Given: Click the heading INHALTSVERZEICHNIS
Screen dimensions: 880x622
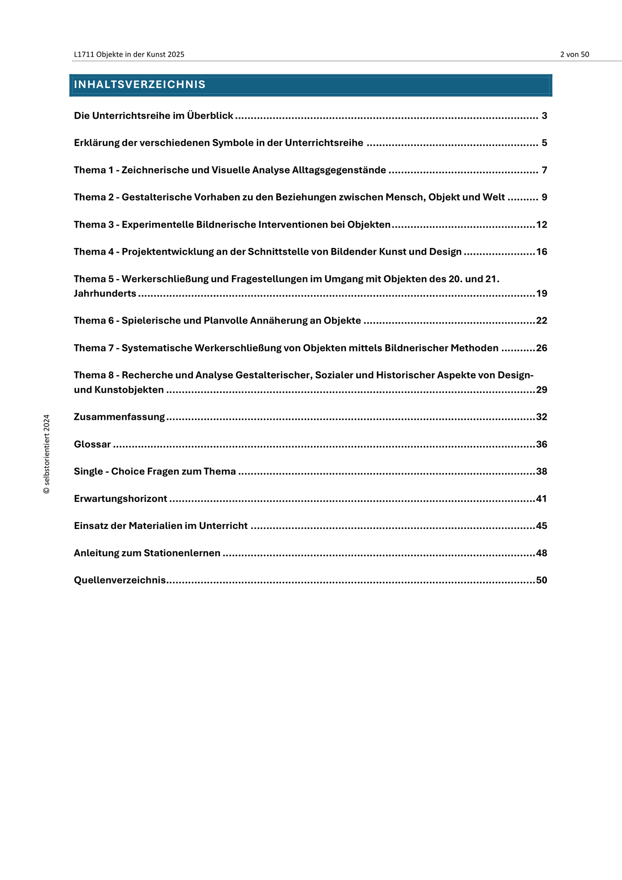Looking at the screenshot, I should pos(140,85).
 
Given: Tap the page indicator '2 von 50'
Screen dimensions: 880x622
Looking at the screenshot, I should pos(574,55).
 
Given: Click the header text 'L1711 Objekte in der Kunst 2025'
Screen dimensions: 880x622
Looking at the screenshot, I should pos(129,55).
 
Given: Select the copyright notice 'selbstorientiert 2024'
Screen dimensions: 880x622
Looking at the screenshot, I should pos(47,454).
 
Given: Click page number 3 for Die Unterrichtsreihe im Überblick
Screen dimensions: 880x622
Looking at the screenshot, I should pos(544,116).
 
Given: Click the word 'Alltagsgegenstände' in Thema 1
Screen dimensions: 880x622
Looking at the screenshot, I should pos(339,170).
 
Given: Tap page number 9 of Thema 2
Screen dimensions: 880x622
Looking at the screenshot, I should pos(544,198).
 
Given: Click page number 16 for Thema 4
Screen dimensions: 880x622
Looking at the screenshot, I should pos(542,252).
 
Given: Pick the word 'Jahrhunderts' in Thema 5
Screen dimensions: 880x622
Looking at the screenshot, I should pos(105,294).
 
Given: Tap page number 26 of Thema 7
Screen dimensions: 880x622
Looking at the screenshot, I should pos(542,348).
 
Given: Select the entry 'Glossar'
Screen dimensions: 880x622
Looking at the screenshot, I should pos(92,444).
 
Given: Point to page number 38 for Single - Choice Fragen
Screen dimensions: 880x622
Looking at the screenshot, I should pos(542,472).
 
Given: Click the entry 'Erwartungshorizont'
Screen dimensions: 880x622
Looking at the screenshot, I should pos(120,499).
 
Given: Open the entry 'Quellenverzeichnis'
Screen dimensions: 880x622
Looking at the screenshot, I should pos(120,581).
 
